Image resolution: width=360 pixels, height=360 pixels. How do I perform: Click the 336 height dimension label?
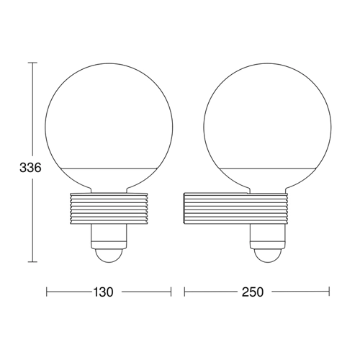30,168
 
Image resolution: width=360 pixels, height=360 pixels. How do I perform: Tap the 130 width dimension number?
103,292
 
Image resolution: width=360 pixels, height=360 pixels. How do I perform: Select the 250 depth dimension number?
253,292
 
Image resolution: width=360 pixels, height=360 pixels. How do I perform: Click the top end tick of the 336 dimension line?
32,63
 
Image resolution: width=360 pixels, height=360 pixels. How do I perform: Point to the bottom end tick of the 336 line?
32,262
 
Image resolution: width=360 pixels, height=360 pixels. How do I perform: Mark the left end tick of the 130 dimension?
47,292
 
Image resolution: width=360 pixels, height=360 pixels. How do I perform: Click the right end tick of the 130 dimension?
171,292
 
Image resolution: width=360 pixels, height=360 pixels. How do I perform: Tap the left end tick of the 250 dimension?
184,292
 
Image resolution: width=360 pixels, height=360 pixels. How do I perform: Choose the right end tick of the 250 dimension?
329,292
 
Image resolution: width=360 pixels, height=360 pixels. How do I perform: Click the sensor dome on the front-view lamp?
109,256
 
